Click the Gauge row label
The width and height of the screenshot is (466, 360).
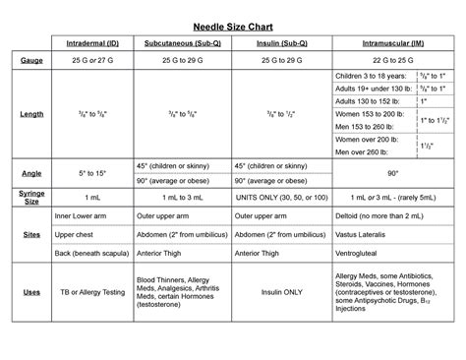(x=32, y=61)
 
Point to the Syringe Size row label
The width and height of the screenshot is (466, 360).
(x=32, y=198)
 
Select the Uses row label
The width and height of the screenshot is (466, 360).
(x=32, y=292)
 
